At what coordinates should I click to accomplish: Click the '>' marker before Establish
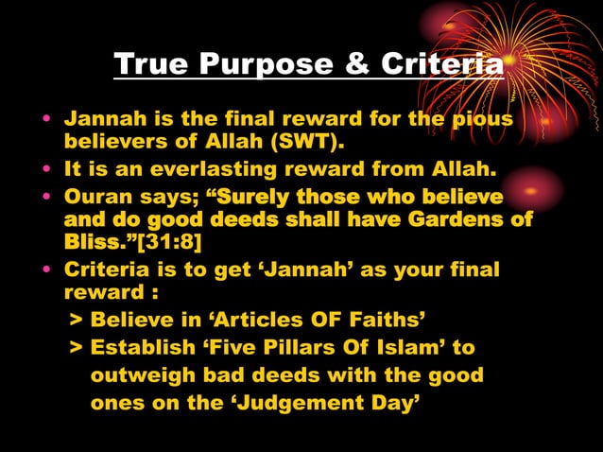(x=76, y=347)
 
